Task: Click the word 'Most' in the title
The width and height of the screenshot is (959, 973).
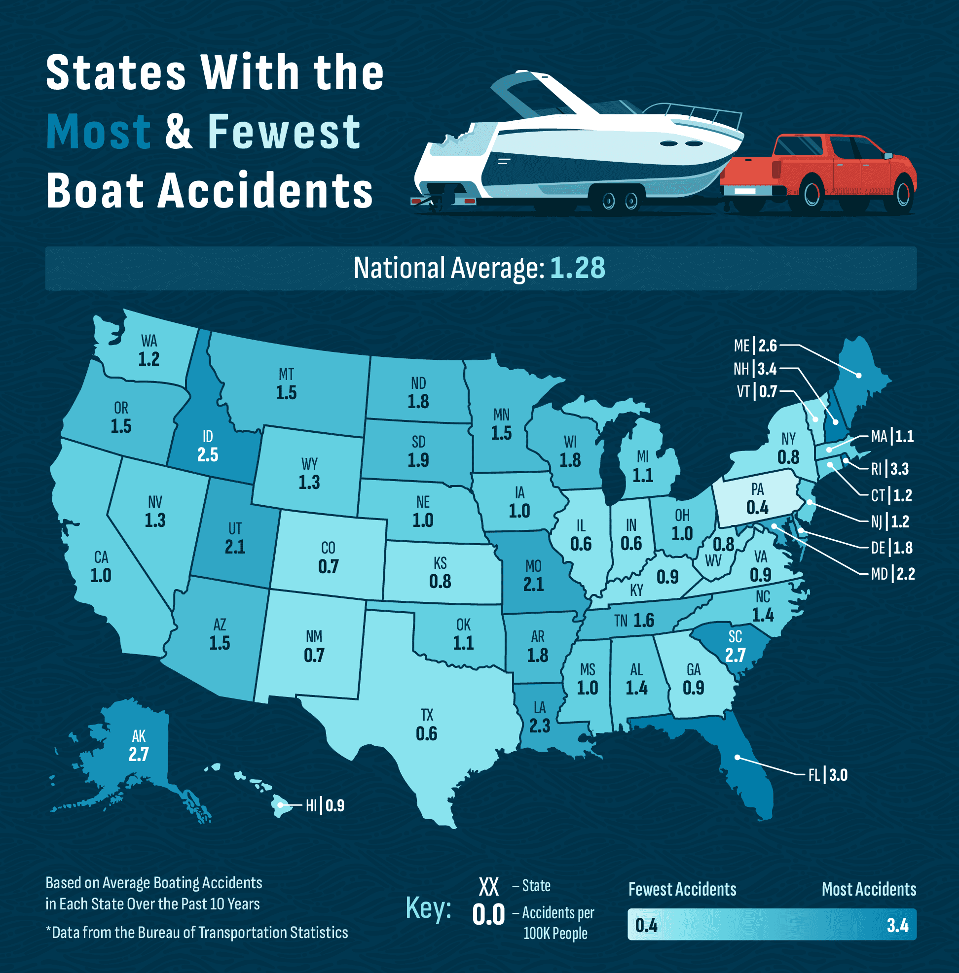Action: [x=98, y=132]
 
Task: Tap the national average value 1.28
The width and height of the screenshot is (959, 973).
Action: [x=577, y=268]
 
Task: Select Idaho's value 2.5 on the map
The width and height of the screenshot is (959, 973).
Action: [x=208, y=455]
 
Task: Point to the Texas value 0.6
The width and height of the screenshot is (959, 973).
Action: [x=426, y=734]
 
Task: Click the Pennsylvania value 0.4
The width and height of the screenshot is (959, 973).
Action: [x=757, y=508]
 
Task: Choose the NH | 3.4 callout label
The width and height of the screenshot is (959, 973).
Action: [x=755, y=369]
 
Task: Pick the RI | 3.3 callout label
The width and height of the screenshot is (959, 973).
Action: [x=890, y=469]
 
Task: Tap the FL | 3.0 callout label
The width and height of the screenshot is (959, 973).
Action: [x=828, y=775]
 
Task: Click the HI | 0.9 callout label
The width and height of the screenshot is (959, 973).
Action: [x=325, y=806]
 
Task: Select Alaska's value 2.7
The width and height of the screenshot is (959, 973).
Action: [x=139, y=755]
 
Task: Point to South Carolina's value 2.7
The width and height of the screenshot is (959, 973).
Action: [x=735, y=656]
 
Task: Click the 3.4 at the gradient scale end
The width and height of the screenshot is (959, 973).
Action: [x=897, y=925]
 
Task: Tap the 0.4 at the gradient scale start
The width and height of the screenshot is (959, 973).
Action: [x=646, y=925]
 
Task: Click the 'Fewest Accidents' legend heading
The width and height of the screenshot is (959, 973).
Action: [x=682, y=889]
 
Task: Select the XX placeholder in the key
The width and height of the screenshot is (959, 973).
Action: [x=488, y=887]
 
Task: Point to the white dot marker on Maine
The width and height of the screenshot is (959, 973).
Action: [x=859, y=376]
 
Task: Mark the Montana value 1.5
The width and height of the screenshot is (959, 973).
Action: [x=286, y=393]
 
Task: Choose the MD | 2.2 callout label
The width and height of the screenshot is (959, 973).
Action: [x=893, y=574]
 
